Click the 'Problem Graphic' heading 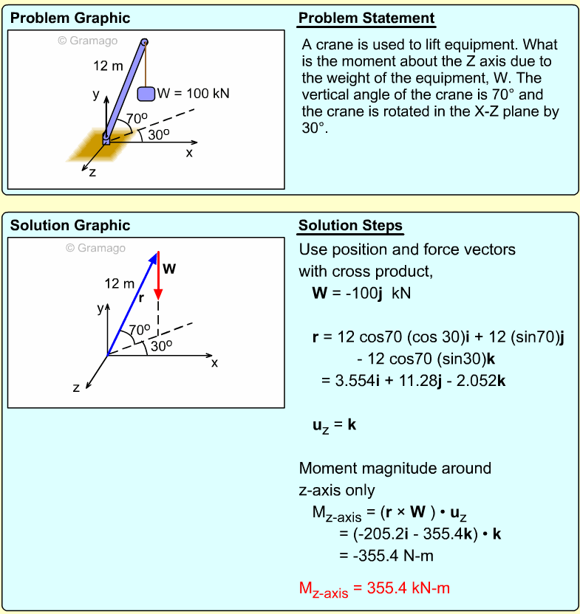tap(70, 18)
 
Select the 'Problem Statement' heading tap(366, 18)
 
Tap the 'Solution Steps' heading tap(351, 225)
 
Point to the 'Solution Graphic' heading tap(70, 225)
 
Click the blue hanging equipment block tap(146, 94)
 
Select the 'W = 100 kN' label tap(193, 94)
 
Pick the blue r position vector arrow tap(133, 303)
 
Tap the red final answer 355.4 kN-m tap(375, 588)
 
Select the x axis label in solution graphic tap(215, 362)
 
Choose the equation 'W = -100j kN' tap(361, 293)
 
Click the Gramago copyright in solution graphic tap(95, 248)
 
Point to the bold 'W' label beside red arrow tap(169, 269)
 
